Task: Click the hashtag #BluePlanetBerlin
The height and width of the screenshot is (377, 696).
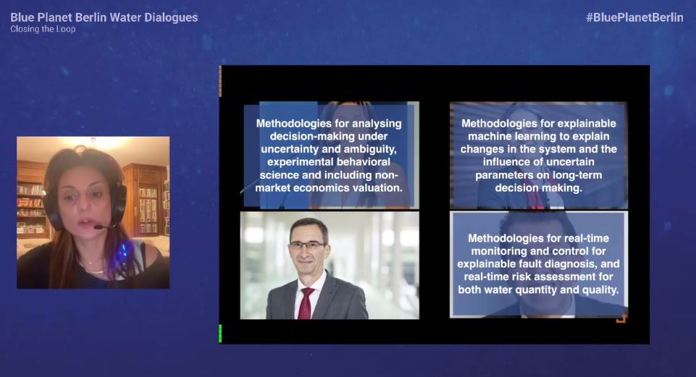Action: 634,18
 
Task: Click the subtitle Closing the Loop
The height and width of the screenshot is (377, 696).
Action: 43,29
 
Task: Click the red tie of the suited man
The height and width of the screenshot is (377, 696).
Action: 305,303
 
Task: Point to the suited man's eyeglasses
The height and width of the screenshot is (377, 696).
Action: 307,245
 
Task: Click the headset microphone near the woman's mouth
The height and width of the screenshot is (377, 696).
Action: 99,227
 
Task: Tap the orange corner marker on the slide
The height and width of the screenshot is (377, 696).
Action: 621,318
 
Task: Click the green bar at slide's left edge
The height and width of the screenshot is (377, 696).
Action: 220,334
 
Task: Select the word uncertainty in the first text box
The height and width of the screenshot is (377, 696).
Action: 290,149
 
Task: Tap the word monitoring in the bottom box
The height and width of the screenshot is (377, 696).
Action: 497,251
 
